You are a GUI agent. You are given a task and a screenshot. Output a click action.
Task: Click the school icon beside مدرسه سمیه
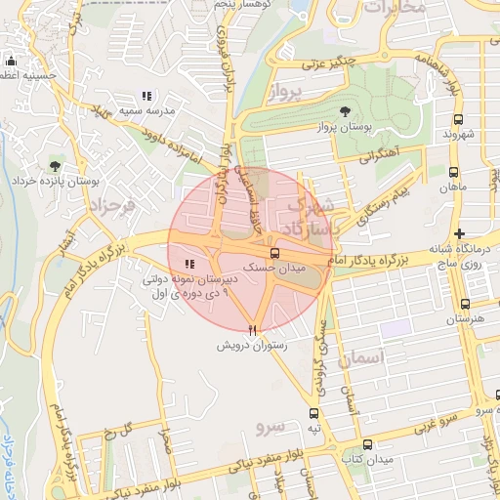pyautogui.click(x=146, y=96)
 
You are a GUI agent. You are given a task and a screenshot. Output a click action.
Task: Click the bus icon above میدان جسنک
pyautogui.click(x=273, y=253)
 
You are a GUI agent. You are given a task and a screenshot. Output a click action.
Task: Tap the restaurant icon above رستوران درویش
pyautogui.click(x=254, y=329)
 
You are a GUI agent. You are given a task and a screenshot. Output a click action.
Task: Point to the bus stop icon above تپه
pyautogui.click(x=313, y=414)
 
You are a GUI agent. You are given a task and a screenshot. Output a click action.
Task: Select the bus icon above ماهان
pyautogui.click(x=452, y=172)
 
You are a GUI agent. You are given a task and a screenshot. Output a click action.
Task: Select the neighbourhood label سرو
pyautogui.click(x=270, y=428)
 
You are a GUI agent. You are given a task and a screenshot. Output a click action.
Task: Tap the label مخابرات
pyautogui.click(x=395, y=7)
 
